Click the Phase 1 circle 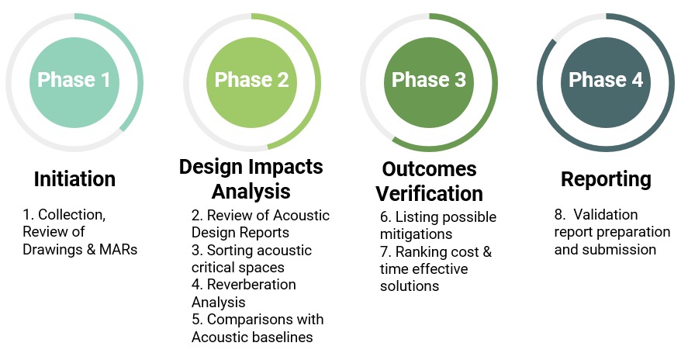pyautogui.click(x=74, y=82)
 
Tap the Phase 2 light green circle pyautogui.click(x=251, y=82)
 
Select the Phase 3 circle pyautogui.click(x=429, y=82)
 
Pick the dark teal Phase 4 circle pyautogui.click(x=606, y=82)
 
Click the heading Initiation pyautogui.click(x=74, y=179)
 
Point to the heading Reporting pyautogui.click(x=606, y=179)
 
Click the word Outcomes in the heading pyautogui.click(x=429, y=169)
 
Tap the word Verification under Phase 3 pyautogui.click(x=429, y=194)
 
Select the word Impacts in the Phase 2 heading pyautogui.click(x=289, y=168)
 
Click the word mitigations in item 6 pyautogui.click(x=416, y=234)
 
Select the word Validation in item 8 pyautogui.click(x=606, y=215)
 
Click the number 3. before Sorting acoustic pyautogui.click(x=196, y=251)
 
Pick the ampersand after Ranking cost pyautogui.click(x=487, y=252)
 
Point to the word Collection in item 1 pyautogui.click(x=72, y=215)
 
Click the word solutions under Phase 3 pyautogui.click(x=410, y=286)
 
